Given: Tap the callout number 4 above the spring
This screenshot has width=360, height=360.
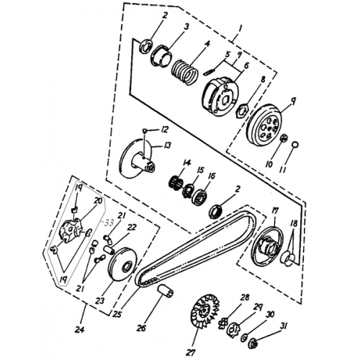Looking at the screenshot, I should [207, 43].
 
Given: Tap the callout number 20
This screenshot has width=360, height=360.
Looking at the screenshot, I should [99, 201].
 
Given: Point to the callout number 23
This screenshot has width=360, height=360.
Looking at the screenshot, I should [101, 301].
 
